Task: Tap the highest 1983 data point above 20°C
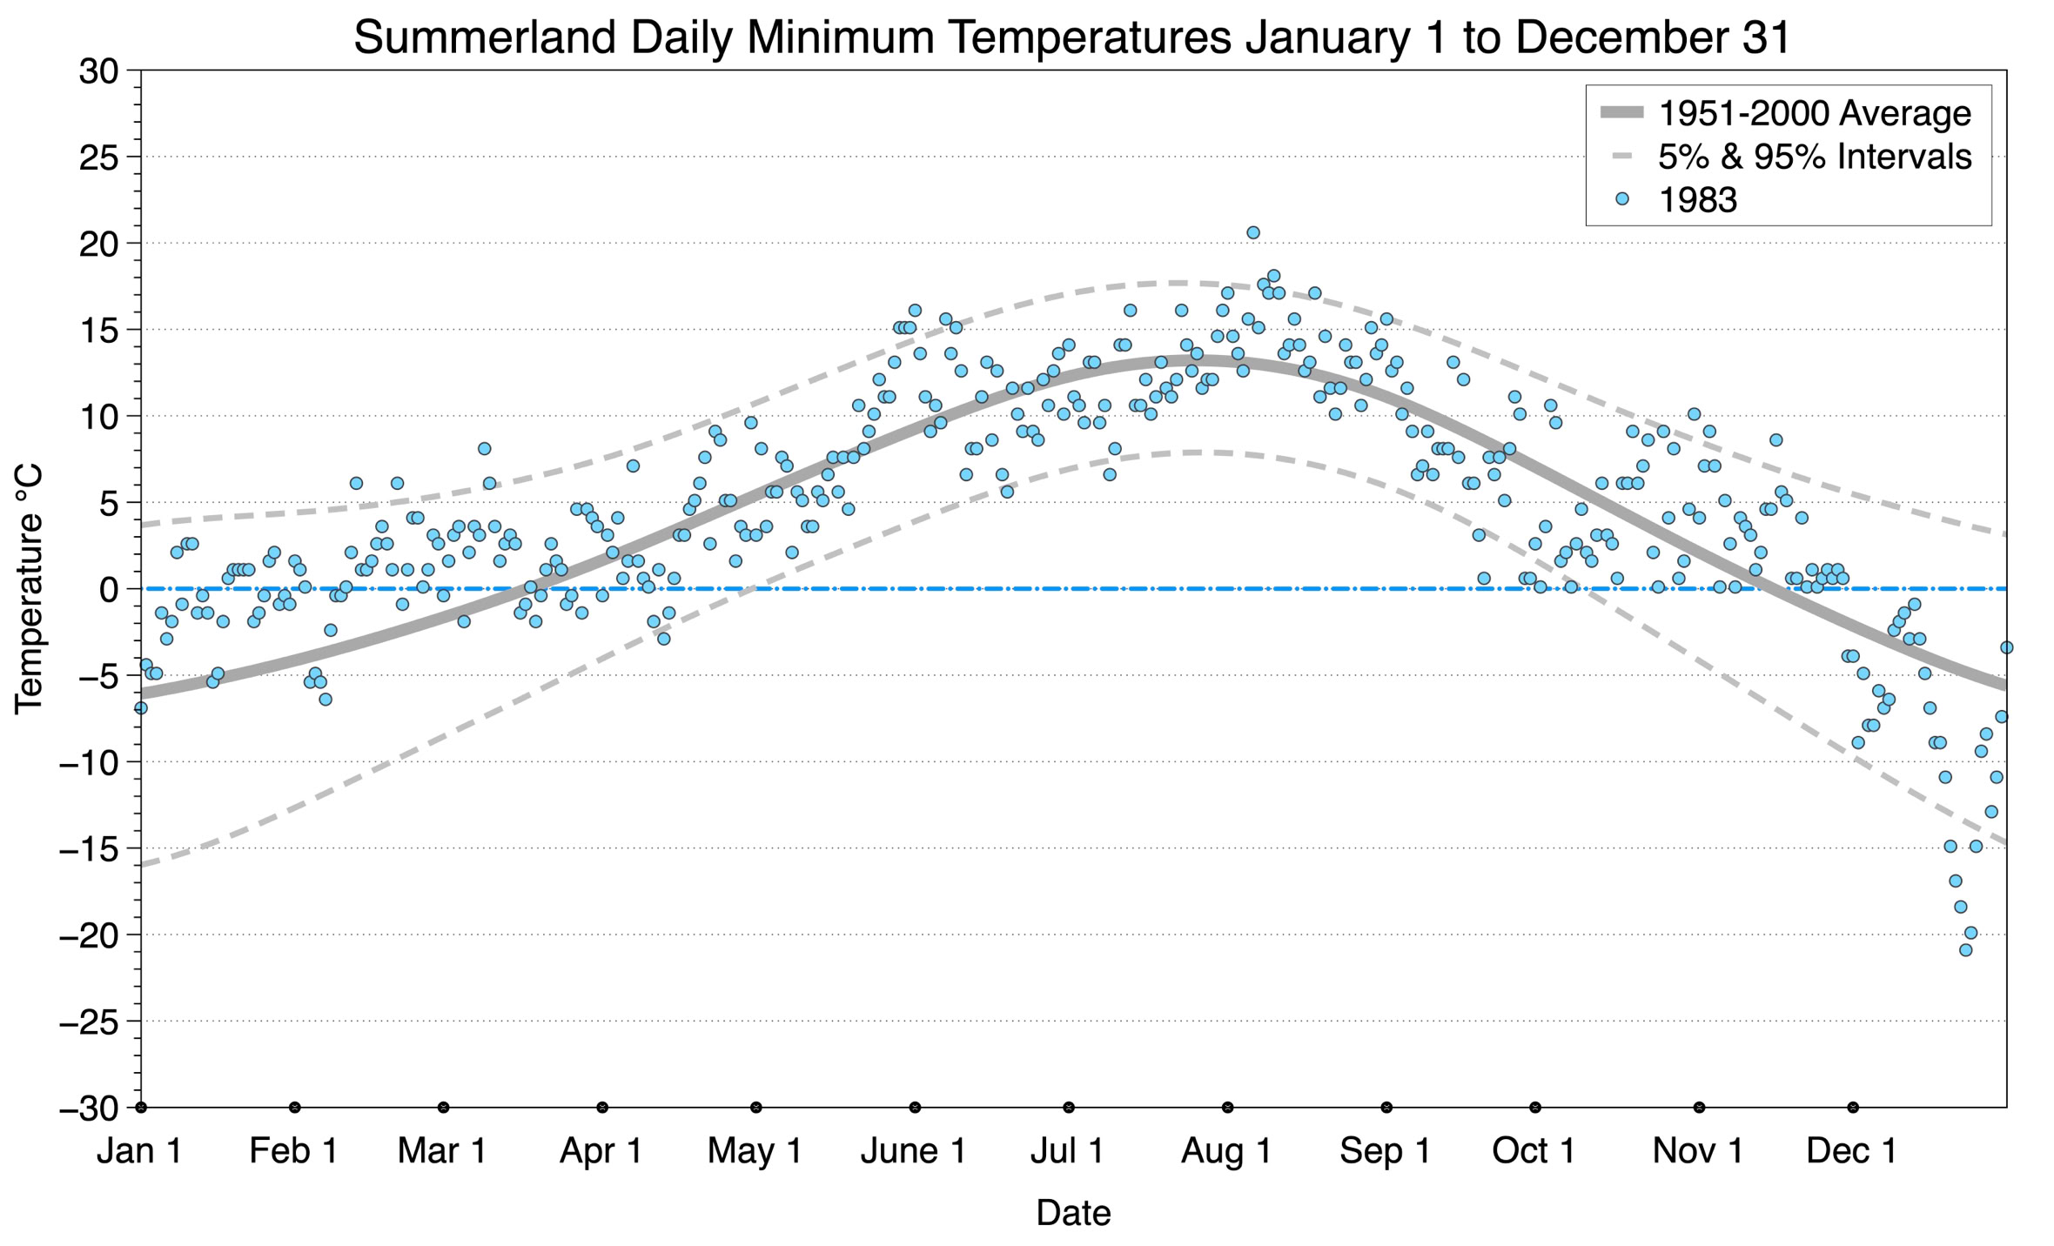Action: [x=1253, y=232]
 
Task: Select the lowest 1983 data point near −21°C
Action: [x=1965, y=950]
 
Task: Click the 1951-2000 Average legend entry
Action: [x=1814, y=113]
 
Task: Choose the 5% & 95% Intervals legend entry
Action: [x=1814, y=157]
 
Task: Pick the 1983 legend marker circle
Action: [x=1621, y=199]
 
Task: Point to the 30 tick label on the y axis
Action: [x=98, y=71]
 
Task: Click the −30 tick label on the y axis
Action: [x=89, y=1109]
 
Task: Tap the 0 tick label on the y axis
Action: [x=109, y=590]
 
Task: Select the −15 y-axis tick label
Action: [x=89, y=849]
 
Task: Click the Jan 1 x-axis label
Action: [x=139, y=1151]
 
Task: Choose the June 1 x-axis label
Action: [x=913, y=1151]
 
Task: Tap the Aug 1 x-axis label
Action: [x=1226, y=1151]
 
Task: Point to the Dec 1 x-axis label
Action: [x=1851, y=1151]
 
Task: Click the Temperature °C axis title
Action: [x=29, y=589]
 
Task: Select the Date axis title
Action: [x=1073, y=1213]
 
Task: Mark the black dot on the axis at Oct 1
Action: [x=1535, y=1108]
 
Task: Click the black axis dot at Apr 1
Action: [x=602, y=1108]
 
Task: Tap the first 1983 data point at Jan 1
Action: [x=141, y=708]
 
